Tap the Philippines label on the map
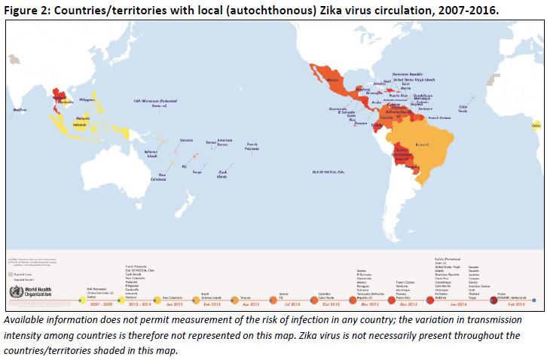87,99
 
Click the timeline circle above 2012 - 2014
121,299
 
